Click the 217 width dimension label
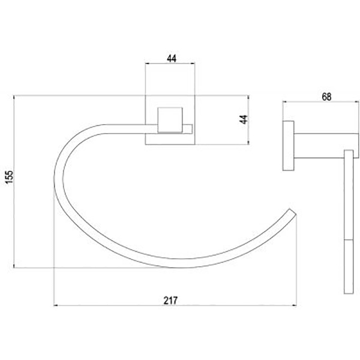(170, 301)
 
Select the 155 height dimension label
(10, 177)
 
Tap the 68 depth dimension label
(326, 97)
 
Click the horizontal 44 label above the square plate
(172, 59)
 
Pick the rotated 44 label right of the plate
(244, 119)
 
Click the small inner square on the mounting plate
(170, 120)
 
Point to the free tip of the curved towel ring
(293, 212)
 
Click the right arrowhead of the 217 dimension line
(295, 305)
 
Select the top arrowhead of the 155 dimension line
(14, 97)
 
